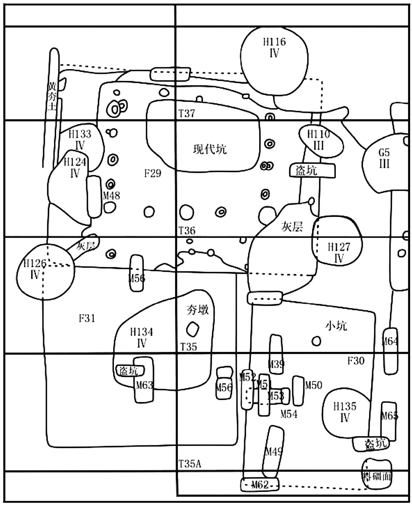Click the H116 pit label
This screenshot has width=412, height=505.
click(x=275, y=42)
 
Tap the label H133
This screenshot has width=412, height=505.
click(x=80, y=134)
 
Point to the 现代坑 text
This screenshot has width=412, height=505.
click(x=210, y=149)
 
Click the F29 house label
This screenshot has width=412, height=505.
click(x=153, y=173)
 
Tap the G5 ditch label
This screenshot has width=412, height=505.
click(x=384, y=153)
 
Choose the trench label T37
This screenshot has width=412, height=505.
click(x=187, y=113)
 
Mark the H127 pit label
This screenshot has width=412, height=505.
click(x=339, y=248)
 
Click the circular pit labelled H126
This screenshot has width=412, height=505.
click(x=45, y=271)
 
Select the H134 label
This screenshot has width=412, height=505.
click(x=142, y=332)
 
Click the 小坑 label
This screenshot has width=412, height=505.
click(x=336, y=326)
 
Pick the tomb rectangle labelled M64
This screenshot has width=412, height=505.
click(x=390, y=350)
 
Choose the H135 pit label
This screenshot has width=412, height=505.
click(x=345, y=407)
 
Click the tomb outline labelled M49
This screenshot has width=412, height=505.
click(x=273, y=452)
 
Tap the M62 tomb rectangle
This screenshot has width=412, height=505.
click(x=260, y=485)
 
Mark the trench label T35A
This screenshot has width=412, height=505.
click(x=190, y=464)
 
